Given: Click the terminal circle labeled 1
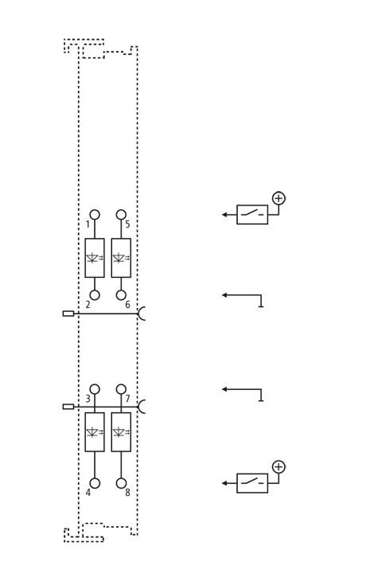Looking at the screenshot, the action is (95, 215).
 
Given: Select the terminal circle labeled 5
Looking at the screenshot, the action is (121, 215).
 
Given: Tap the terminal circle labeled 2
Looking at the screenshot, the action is (95, 295).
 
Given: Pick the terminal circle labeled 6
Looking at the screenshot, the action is (121, 295).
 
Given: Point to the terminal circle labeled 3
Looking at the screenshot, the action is (95, 389).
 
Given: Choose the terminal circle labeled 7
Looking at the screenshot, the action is (121, 389).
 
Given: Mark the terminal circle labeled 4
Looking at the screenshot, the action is (95, 483).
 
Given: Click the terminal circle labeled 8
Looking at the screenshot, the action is (121, 483).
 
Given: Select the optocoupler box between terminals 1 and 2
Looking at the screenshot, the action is (95, 258).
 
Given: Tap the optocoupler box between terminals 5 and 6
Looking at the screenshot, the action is (121, 258).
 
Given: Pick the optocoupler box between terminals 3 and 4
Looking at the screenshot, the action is (95, 432).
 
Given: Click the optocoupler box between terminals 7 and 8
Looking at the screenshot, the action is (121, 432).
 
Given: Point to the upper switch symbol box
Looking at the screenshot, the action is (252, 215).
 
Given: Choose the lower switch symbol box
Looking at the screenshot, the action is (252, 483).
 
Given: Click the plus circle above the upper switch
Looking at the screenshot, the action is (278, 198).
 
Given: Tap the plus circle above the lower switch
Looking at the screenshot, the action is (278, 467).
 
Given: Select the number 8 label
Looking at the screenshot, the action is (127, 493).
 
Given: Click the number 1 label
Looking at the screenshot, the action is (88, 224).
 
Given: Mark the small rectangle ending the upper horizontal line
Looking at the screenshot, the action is (68, 314).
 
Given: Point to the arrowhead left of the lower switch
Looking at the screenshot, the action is (224, 483).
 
